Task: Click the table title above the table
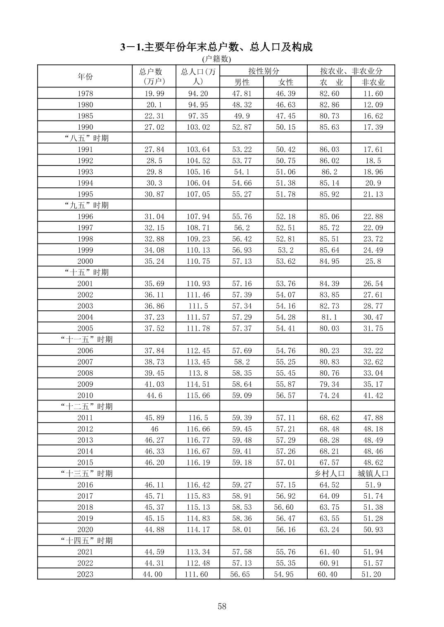coord(216,47)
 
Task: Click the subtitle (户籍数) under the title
coord(216,59)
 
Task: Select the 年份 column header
coord(85,76)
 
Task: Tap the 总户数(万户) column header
coord(154,76)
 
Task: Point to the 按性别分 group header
coord(264,71)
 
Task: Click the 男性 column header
coord(242,82)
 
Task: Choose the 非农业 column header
coord(373,82)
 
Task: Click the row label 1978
coord(85,94)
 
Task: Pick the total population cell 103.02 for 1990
coord(198,127)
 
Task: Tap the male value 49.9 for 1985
coord(242,116)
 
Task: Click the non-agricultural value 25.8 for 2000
coord(373,261)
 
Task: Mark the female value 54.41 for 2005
coord(285,328)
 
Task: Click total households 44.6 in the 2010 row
coord(154,395)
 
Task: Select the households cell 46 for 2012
coord(154,429)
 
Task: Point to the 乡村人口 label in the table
coord(329,473)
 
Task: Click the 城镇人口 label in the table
coord(373,473)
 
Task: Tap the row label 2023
coord(85,574)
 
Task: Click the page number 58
coord(222,606)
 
